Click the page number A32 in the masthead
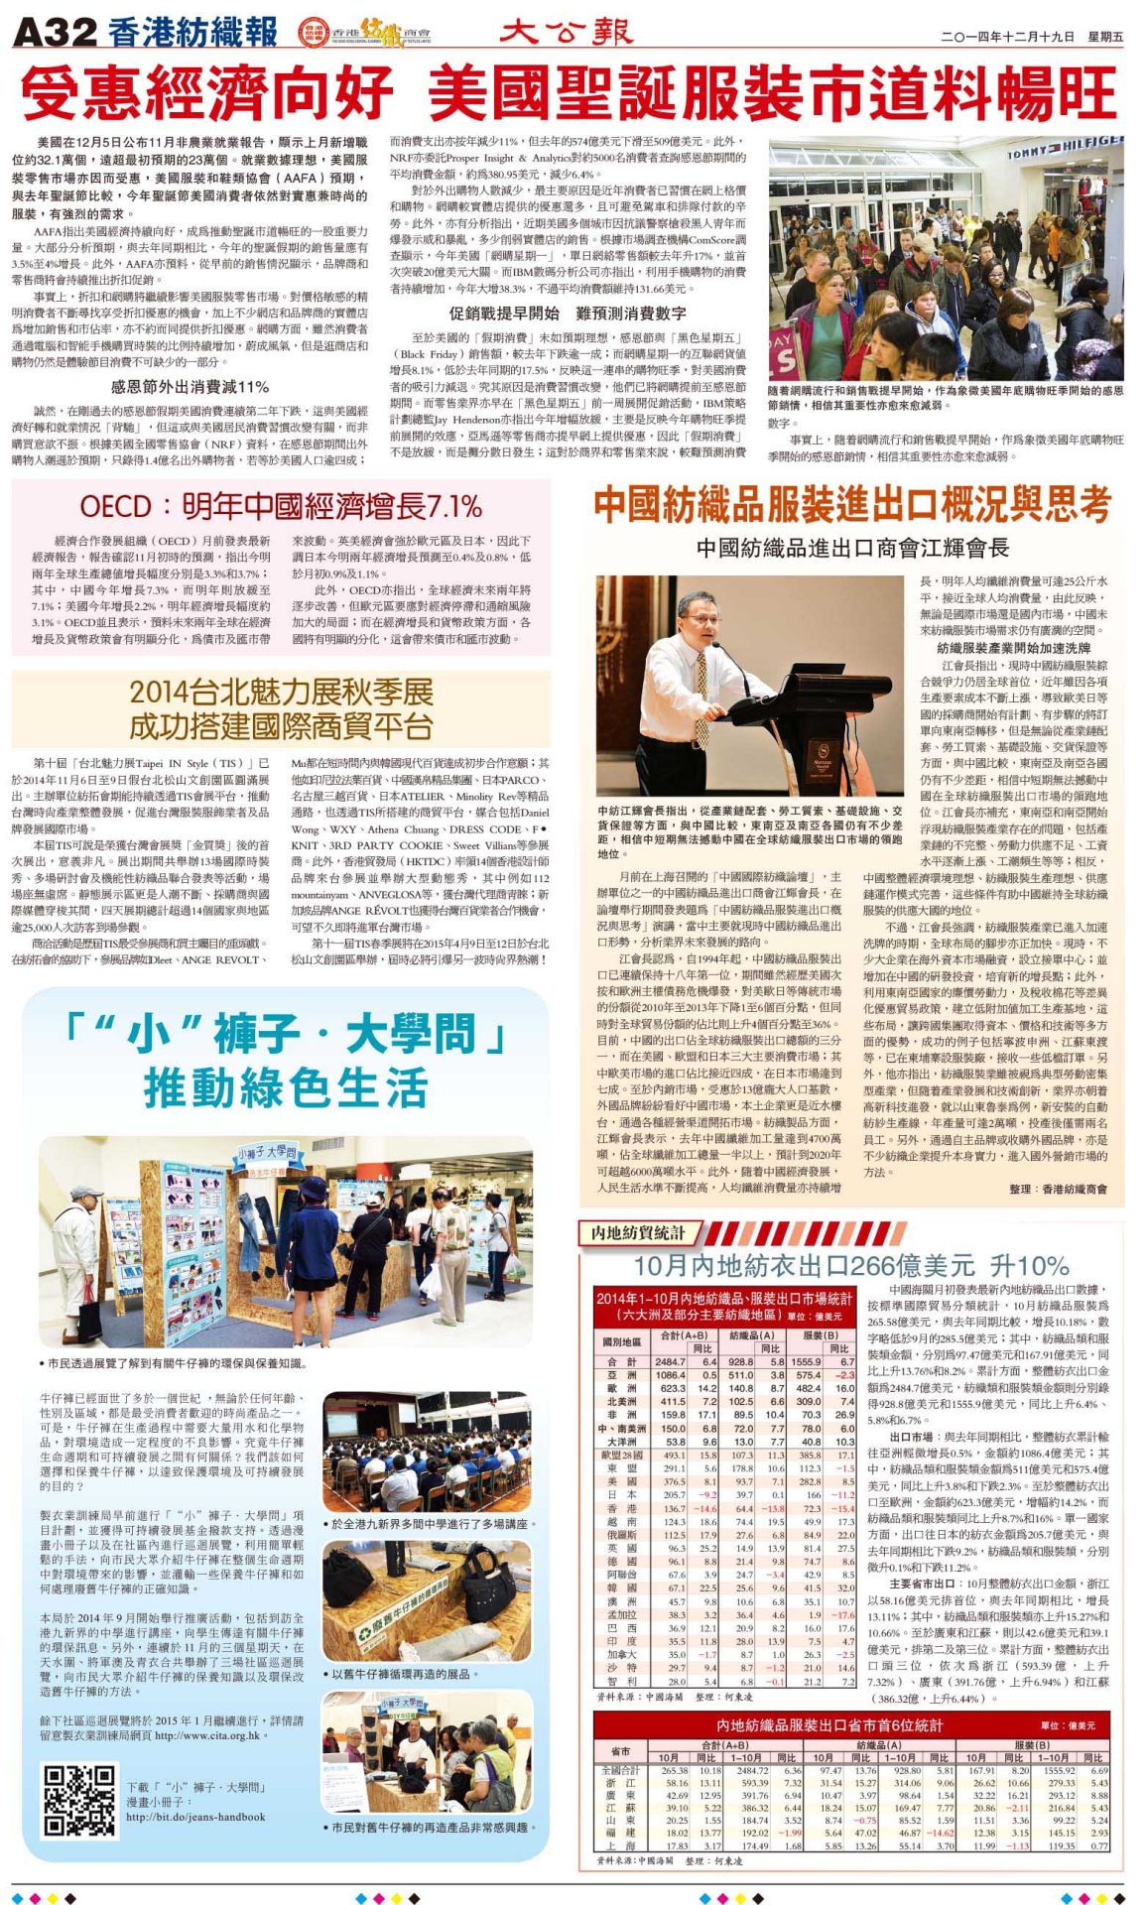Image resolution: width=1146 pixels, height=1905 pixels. click(55, 33)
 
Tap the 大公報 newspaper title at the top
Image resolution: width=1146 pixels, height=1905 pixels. click(566, 32)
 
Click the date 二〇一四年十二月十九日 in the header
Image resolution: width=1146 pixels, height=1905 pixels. click(1007, 37)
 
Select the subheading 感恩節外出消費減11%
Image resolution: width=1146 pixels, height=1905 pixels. click(190, 386)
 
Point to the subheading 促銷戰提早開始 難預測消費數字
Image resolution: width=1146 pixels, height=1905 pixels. click(567, 313)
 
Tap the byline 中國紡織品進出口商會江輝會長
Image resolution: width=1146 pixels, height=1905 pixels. click(852, 547)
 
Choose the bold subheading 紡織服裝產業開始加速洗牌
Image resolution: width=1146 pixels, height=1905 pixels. click(1013, 648)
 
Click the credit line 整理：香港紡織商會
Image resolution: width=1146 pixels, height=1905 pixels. click(1058, 1189)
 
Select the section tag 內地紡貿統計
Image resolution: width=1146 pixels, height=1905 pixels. click(639, 1233)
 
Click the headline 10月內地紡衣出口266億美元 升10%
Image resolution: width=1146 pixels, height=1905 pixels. click(851, 1266)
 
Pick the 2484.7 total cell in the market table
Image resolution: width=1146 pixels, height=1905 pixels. click(672, 1362)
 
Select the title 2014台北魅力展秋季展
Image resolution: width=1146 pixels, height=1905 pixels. click(281, 692)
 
